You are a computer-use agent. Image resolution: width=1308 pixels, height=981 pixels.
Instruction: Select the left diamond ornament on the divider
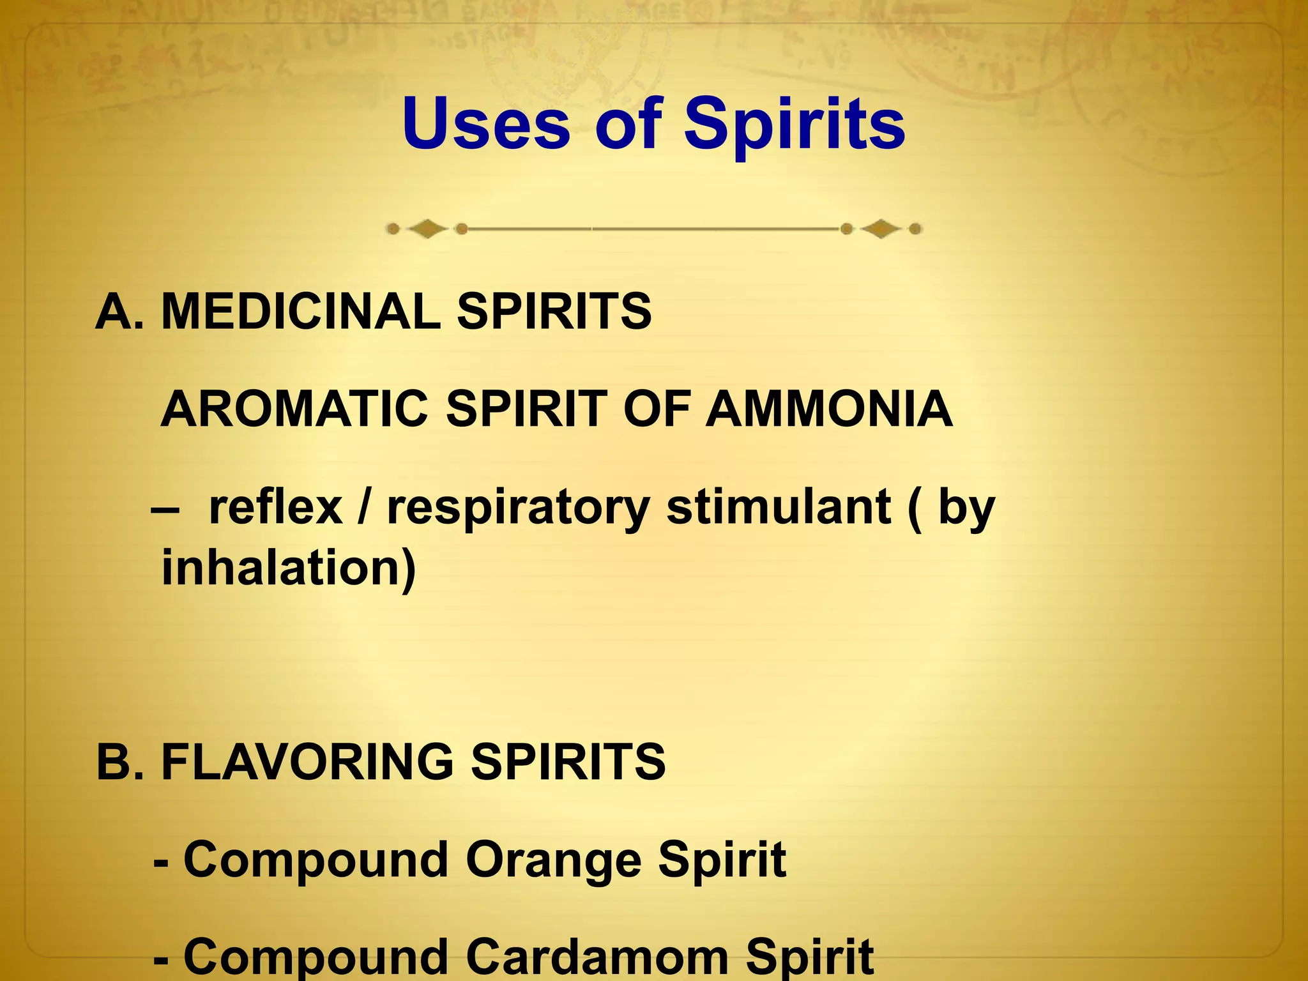pos(427,229)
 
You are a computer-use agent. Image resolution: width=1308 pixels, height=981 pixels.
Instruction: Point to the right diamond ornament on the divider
pos(881,229)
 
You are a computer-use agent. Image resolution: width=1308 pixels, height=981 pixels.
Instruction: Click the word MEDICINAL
pos(301,312)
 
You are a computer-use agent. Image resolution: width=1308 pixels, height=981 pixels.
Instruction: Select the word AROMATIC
pos(294,409)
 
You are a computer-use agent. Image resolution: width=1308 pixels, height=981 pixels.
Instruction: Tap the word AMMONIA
pos(829,409)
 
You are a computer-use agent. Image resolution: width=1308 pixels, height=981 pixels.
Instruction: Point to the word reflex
pos(275,508)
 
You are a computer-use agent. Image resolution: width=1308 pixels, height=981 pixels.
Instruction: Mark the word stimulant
pos(779,508)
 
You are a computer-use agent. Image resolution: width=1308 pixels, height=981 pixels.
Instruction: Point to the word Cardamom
pos(597,957)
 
